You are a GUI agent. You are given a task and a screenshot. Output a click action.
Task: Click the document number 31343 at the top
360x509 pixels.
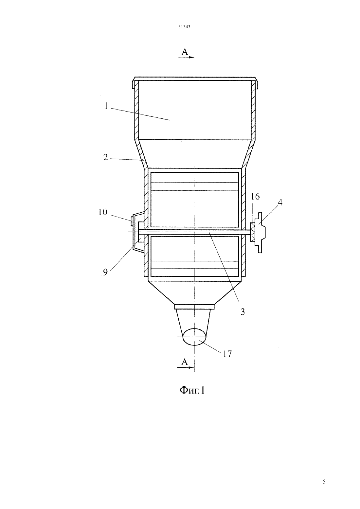click(184, 27)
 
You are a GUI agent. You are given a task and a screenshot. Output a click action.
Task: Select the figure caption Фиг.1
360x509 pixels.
click(192, 391)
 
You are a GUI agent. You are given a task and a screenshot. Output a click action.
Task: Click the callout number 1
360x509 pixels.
click(106, 106)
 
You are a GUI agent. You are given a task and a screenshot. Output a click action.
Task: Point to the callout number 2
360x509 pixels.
click(105, 157)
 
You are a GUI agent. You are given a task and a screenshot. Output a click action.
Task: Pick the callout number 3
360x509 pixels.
click(243, 312)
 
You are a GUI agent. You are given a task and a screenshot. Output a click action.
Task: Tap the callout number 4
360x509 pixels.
click(280, 202)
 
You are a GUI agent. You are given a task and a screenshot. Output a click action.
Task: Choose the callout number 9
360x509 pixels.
click(105, 272)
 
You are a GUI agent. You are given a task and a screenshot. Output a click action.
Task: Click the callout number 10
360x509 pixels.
click(103, 212)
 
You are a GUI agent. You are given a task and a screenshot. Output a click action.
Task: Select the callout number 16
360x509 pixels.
click(255, 197)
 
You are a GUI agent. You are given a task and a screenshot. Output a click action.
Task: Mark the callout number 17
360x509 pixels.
click(227, 354)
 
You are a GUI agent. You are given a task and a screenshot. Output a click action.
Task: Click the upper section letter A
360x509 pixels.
click(185, 52)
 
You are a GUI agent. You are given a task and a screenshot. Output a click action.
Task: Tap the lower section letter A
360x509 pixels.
click(185, 362)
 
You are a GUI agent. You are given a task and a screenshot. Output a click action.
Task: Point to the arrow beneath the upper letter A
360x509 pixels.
click(186, 57)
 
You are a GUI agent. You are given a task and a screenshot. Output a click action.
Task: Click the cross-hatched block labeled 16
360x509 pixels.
click(253, 232)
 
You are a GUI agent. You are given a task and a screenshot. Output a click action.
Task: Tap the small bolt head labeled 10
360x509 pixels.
click(132, 221)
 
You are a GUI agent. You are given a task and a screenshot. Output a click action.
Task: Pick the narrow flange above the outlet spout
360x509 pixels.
click(194, 307)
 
